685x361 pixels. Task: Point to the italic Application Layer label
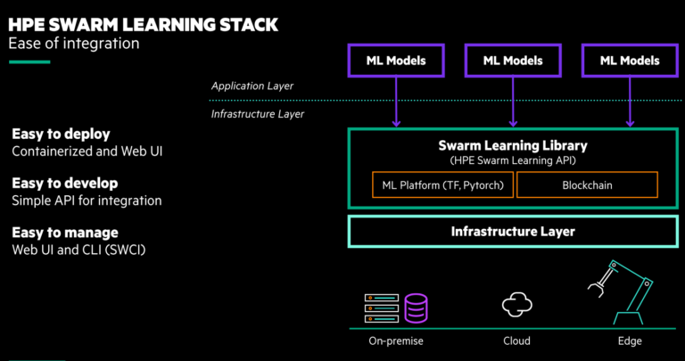tap(252, 86)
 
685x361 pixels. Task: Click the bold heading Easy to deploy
tap(61, 134)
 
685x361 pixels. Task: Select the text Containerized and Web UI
tap(87, 152)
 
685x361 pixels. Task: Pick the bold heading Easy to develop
tap(65, 183)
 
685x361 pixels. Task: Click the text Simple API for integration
tap(87, 201)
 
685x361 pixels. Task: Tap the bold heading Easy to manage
tap(63, 232)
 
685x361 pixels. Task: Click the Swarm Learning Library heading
tap(512, 144)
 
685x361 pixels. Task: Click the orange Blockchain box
tap(587, 185)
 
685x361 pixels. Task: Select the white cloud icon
tap(516, 306)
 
